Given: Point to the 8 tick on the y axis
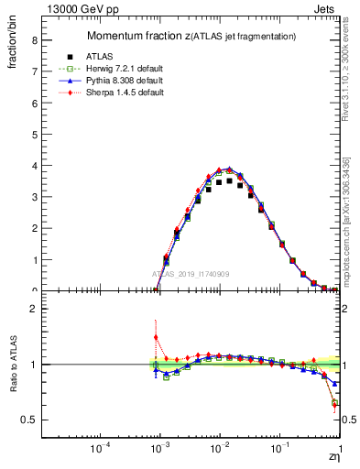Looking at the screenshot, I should coord(33,40).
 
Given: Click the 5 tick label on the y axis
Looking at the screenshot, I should coord(33,135).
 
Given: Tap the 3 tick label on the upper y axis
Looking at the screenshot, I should coord(33,197).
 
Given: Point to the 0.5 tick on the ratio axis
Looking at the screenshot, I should coord(29,420).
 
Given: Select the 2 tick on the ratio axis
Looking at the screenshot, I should coord(33,309).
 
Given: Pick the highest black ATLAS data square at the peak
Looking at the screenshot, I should coord(229,180).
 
